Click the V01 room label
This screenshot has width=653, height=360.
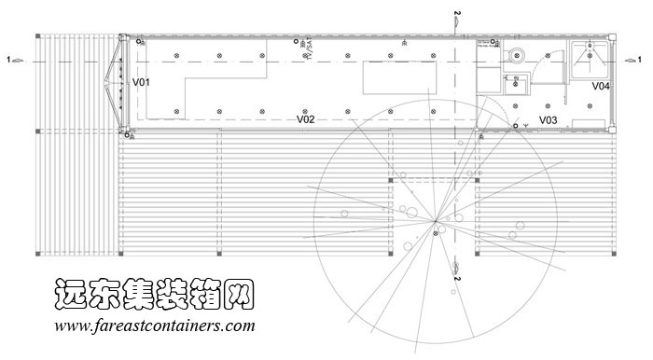pos(141,83)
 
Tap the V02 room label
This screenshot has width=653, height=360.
pos(305,118)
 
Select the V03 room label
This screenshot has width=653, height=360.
pos(548,120)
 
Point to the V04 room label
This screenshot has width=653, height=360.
pos(601,86)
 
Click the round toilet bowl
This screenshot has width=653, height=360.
pos(518,55)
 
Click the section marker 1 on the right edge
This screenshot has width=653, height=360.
pos(634,60)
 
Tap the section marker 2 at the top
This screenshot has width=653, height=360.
pos(456,18)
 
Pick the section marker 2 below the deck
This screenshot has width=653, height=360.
pos(456,272)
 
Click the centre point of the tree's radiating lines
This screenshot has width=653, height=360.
pos(436,221)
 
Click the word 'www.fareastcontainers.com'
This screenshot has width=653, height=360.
pos(154,327)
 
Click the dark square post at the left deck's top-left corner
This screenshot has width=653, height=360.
pos(38,36)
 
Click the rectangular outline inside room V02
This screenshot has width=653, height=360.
pos(400,77)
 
